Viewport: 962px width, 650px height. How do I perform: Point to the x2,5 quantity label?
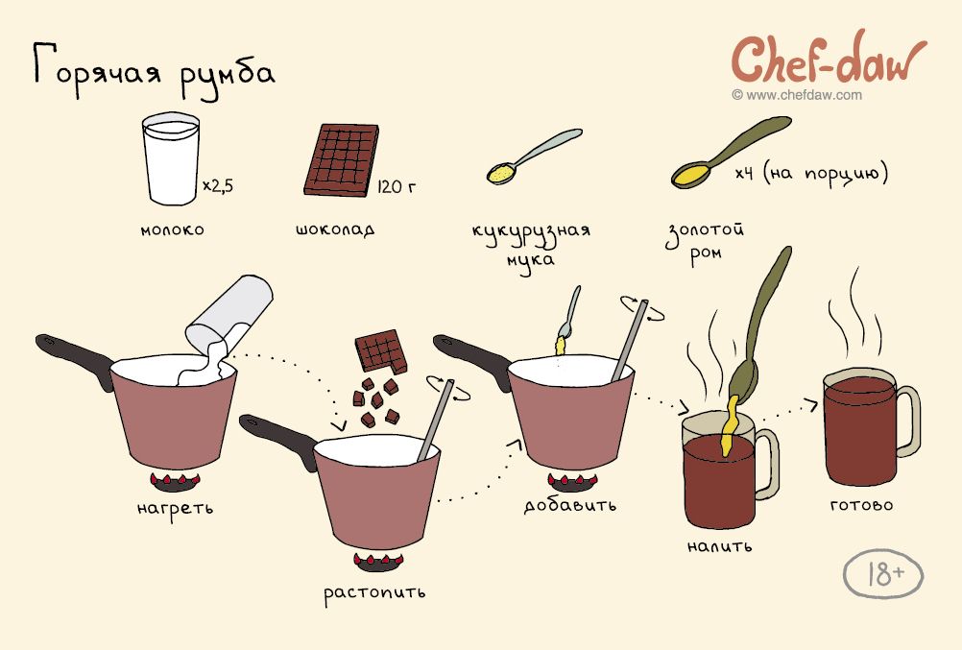pyautogui.click(x=218, y=185)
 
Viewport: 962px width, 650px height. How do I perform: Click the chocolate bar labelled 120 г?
pyautogui.click(x=341, y=160)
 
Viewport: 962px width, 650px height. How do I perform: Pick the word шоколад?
pyautogui.click(x=335, y=229)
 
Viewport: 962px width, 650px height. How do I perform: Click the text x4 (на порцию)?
pyautogui.click(x=811, y=173)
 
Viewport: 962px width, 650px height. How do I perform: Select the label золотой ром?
pyautogui.click(x=706, y=242)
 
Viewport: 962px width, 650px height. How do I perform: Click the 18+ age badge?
pyautogui.click(x=883, y=574)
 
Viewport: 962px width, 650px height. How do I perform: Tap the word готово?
pyautogui.click(x=861, y=506)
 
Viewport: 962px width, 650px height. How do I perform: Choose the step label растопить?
pyautogui.click(x=374, y=593)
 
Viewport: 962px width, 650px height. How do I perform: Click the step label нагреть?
pyautogui.click(x=175, y=509)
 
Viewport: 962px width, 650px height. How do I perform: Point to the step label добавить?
pyautogui.click(x=570, y=504)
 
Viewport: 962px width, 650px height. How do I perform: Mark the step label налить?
pyautogui.click(x=719, y=545)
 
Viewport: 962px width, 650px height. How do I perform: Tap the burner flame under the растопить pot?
pyautogui.click(x=378, y=561)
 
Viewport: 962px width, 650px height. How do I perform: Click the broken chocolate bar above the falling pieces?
pyautogui.click(x=381, y=350)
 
